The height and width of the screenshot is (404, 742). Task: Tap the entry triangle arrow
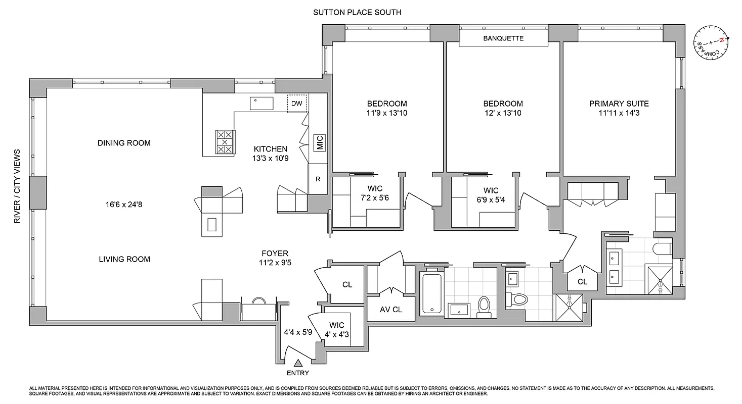[x=298, y=362]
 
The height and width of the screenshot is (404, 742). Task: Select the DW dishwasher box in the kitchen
[x=297, y=104]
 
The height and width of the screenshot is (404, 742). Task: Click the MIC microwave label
[x=319, y=143]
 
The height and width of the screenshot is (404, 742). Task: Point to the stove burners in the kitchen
[x=225, y=142]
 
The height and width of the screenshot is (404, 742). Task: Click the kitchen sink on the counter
[x=261, y=103]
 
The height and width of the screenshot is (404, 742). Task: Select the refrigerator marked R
[x=318, y=179]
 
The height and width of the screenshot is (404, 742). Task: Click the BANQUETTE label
[x=503, y=38]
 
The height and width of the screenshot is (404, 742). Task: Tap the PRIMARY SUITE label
[x=619, y=104]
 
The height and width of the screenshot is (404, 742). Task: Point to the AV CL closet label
[x=391, y=310]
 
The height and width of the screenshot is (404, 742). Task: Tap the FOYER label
[x=275, y=254]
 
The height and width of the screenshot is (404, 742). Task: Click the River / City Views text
[x=17, y=186]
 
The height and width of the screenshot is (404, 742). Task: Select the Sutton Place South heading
[x=357, y=12]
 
